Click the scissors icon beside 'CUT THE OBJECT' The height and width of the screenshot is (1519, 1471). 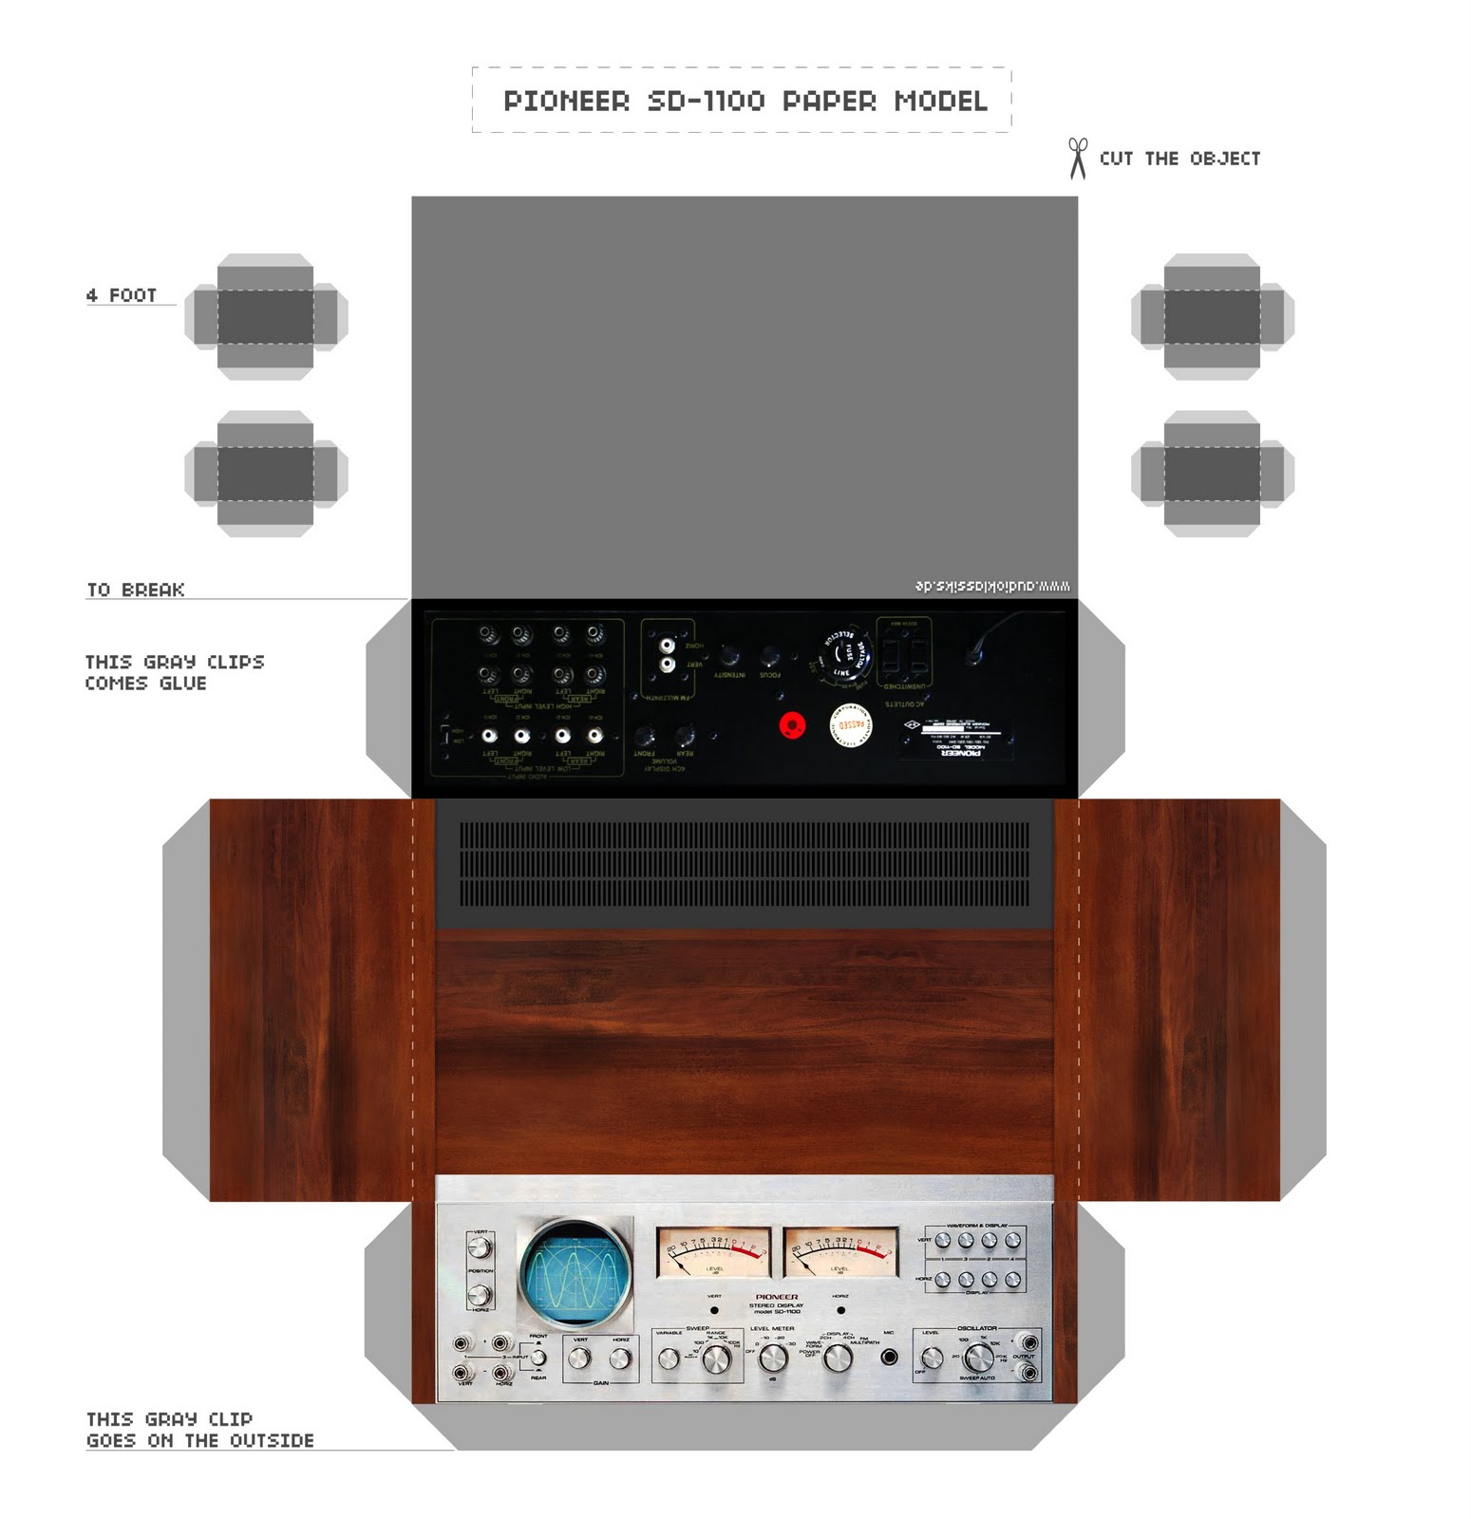[1077, 159]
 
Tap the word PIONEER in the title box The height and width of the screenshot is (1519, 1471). [566, 101]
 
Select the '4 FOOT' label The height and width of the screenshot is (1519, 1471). [122, 295]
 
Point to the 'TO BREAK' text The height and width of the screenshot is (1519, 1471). [136, 590]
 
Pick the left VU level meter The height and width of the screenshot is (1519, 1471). [713, 1252]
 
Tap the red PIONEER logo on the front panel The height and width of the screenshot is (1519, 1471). [776, 1296]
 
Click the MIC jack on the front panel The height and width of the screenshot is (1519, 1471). [889, 1358]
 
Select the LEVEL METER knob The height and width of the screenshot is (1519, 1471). [773, 1359]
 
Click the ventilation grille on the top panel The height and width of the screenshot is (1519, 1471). [744, 863]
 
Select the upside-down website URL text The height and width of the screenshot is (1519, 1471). [992, 586]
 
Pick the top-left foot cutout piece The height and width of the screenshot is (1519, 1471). [266, 316]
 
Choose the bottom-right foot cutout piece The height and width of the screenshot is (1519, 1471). [1212, 473]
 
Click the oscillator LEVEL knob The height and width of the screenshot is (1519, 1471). [932, 1359]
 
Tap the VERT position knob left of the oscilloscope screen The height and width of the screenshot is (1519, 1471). [480, 1247]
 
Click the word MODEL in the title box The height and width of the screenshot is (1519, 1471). [940, 101]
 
